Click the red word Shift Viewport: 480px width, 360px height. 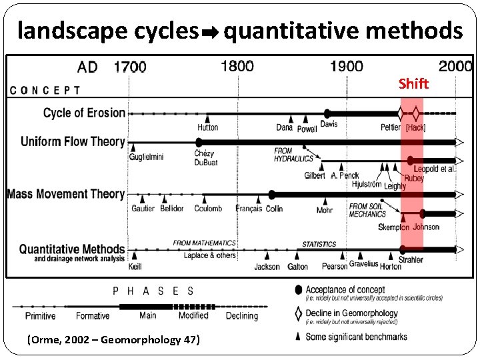(414, 83)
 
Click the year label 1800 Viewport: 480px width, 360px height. (237, 66)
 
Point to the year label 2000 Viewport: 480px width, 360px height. (455, 66)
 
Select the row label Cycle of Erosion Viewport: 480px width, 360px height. (84, 113)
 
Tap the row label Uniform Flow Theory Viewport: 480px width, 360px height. (73, 141)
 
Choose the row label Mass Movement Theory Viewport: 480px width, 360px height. (66, 194)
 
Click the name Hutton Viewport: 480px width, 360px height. (207, 127)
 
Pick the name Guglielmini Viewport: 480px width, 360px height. (147, 157)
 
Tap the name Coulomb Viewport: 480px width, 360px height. (208, 209)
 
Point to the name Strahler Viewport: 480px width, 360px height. (411, 259)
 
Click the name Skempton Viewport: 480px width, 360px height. (393, 227)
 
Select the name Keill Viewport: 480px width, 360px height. (135, 267)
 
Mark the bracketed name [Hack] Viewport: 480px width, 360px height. (415, 127)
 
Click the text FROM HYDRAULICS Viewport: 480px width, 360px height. (293, 155)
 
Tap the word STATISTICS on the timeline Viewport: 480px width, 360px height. (319, 245)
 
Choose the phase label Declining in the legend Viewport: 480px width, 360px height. (241, 316)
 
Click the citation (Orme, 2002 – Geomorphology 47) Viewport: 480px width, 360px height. (113, 339)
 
